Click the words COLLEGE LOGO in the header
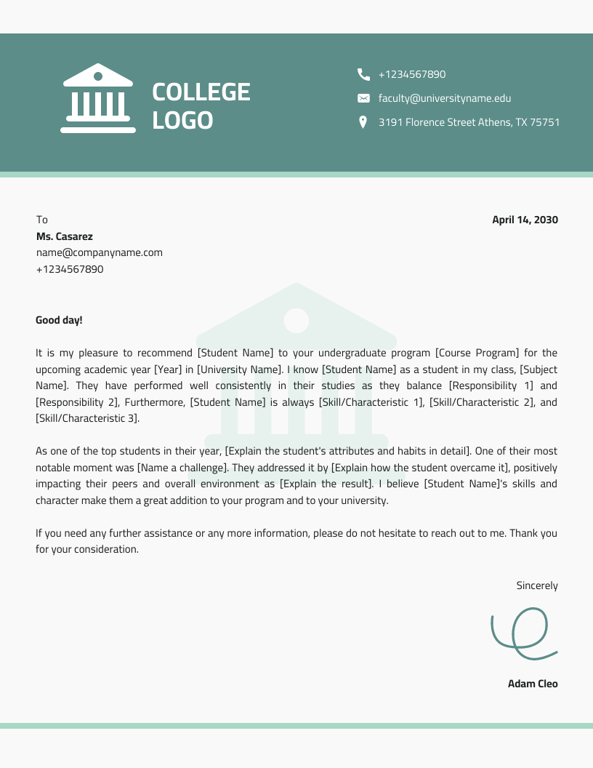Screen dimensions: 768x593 click(201, 106)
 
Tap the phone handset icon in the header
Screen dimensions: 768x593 click(363, 74)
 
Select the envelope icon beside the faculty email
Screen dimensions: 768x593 click(363, 98)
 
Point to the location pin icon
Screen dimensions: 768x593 click(363, 122)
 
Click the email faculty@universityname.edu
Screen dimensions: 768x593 click(445, 98)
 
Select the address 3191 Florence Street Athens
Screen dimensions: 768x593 click(469, 122)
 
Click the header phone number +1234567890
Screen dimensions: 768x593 click(412, 74)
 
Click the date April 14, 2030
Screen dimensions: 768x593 click(525, 220)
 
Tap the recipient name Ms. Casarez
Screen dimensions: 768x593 click(65, 236)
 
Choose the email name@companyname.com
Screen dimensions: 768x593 click(100, 252)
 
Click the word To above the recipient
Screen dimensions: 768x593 click(42, 220)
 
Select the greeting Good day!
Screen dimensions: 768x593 click(59, 320)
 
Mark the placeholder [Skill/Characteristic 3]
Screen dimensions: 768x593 click(86, 419)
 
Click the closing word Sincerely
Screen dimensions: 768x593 click(537, 585)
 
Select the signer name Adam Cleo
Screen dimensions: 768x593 click(533, 684)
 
